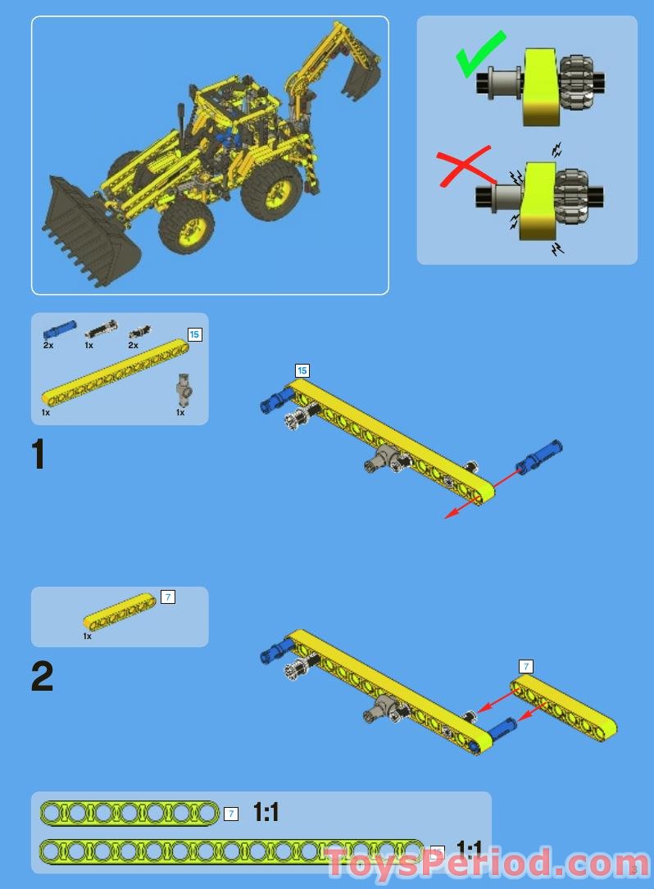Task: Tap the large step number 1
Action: pos(38,456)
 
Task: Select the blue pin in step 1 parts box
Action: pos(59,330)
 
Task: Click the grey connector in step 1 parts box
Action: pos(184,390)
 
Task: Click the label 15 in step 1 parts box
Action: pos(194,334)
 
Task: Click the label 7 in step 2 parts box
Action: pos(167,597)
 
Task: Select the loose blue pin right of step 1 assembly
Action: pos(539,456)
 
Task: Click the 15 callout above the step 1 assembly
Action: pos(302,371)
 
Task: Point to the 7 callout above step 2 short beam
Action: pos(526,666)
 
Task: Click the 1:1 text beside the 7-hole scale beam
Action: pos(266,812)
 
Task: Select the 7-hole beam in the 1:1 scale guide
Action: pos(129,813)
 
